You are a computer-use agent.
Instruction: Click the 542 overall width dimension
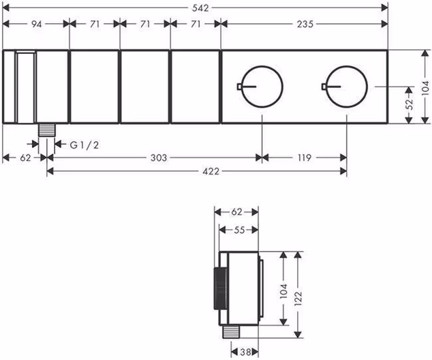200,8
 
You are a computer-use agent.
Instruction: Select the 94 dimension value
36,25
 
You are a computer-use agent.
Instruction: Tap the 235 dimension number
305,25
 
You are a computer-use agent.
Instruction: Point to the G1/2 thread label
84,145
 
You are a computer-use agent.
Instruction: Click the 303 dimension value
159,158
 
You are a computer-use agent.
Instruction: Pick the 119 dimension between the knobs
304,158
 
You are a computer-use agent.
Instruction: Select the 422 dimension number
211,171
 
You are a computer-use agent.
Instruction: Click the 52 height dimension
410,104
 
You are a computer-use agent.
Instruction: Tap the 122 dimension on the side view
298,299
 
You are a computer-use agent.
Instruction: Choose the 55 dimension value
239,230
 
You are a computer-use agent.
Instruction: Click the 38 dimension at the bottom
245,352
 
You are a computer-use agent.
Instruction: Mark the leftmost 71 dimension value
95,25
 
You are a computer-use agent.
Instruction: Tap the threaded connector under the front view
46,130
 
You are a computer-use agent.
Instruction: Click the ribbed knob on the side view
221,288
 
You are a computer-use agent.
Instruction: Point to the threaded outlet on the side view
231,331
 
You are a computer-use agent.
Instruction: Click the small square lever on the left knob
239,87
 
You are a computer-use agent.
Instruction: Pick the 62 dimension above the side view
236,212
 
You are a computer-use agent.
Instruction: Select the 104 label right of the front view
426,88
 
